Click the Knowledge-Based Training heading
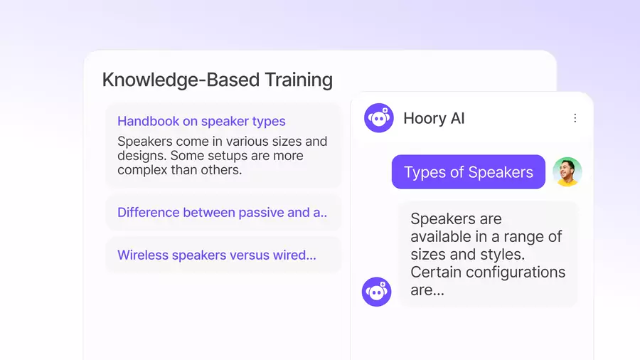point(217,80)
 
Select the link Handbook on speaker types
point(201,121)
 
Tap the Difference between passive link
point(222,212)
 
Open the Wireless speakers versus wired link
point(216,255)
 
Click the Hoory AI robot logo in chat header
point(379,118)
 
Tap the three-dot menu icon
point(575,118)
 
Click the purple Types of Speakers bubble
point(468,172)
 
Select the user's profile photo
point(567,172)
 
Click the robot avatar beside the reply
point(377,292)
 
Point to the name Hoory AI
point(434,118)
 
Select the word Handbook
point(147,121)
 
